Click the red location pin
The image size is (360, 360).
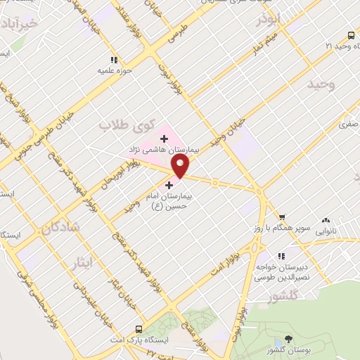[x=181, y=166]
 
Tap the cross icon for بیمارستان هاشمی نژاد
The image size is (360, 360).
[x=164, y=139]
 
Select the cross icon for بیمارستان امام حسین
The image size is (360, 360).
[x=169, y=185]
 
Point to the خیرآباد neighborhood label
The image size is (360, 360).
[x=26, y=25]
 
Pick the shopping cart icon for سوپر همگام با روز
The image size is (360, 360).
[x=282, y=217]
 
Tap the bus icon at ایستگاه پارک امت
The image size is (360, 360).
[x=139, y=329]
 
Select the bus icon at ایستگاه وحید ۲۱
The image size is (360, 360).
[x=349, y=34]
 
